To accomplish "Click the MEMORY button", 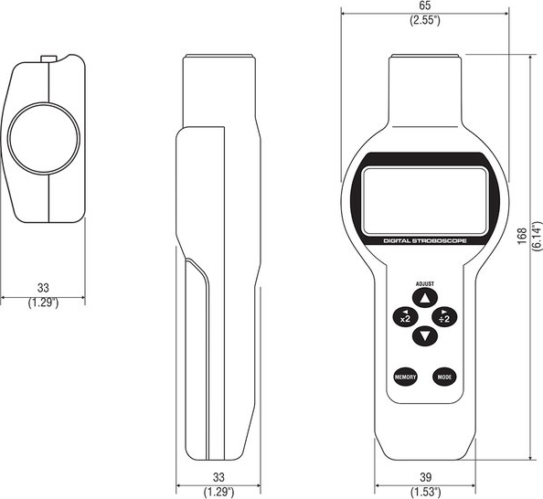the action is click(405, 377).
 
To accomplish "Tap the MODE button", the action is click(444, 377).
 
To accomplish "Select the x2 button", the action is click(406, 316).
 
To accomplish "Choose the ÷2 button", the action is click(444, 316).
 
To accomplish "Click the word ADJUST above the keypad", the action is click(425, 283).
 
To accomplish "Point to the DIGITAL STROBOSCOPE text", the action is click(425, 240).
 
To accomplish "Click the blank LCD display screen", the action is click(424, 201).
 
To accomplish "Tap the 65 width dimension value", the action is click(425, 5).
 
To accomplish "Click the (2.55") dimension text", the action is click(425, 20).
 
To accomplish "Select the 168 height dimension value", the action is click(522, 236).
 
